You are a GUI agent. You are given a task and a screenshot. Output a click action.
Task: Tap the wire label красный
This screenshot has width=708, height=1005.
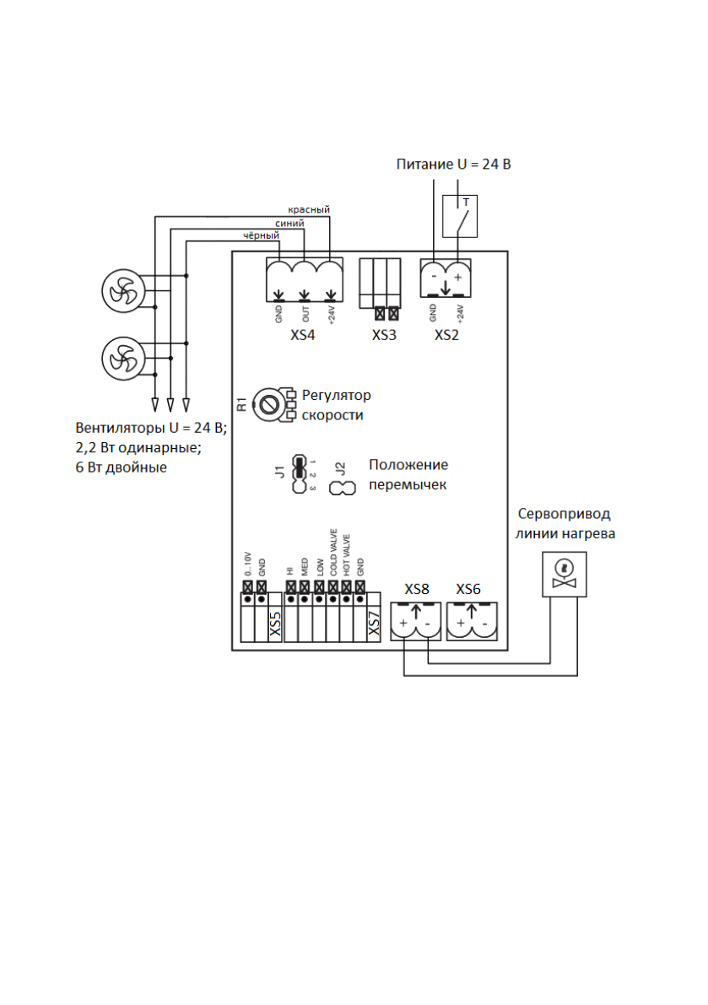(x=308, y=209)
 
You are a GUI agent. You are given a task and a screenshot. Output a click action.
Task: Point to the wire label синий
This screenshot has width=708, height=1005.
(x=290, y=223)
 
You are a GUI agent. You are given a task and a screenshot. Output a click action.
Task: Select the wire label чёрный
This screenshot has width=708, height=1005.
(x=261, y=237)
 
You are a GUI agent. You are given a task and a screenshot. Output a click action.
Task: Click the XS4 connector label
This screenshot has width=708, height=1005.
(x=302, y=335)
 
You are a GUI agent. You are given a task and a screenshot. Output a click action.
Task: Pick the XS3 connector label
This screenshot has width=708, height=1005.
(x=386, y=335)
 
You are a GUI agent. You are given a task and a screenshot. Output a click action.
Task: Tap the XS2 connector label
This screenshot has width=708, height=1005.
(x=447, y=335)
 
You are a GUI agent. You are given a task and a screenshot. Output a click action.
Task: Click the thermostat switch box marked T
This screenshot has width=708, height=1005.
(x=460, y=216)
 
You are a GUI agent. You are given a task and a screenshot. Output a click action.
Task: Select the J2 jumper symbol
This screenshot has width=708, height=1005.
(x=343, y=487)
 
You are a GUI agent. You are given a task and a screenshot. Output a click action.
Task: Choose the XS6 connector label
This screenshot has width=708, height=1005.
(x=468, y=589)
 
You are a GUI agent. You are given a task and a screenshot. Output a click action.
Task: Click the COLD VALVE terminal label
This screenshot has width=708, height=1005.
(x=333, y=553)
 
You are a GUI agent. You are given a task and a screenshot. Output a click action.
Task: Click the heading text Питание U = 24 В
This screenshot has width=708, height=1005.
(x=453, y=164)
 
